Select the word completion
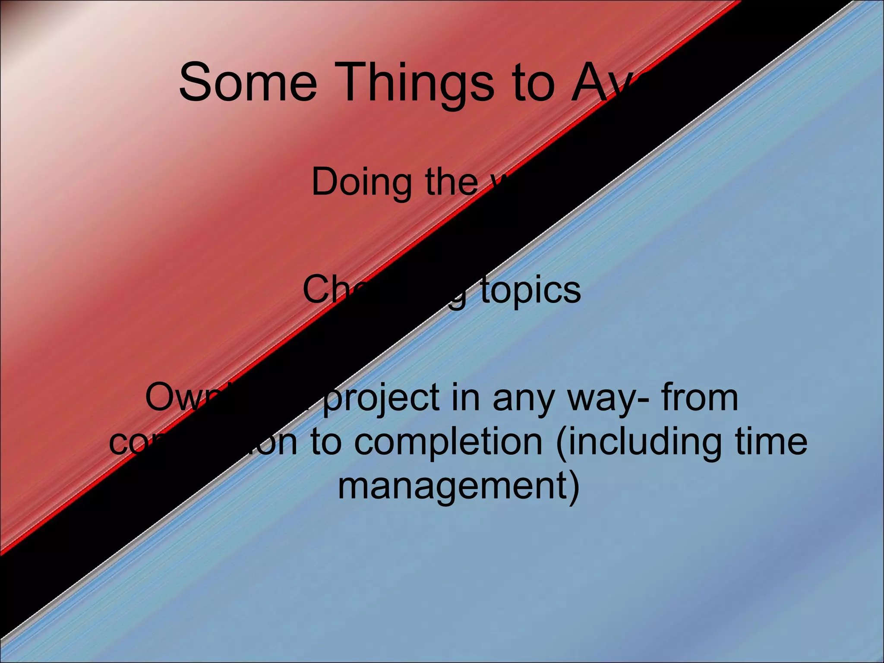coord(448,443)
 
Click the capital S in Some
coord(195,82)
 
